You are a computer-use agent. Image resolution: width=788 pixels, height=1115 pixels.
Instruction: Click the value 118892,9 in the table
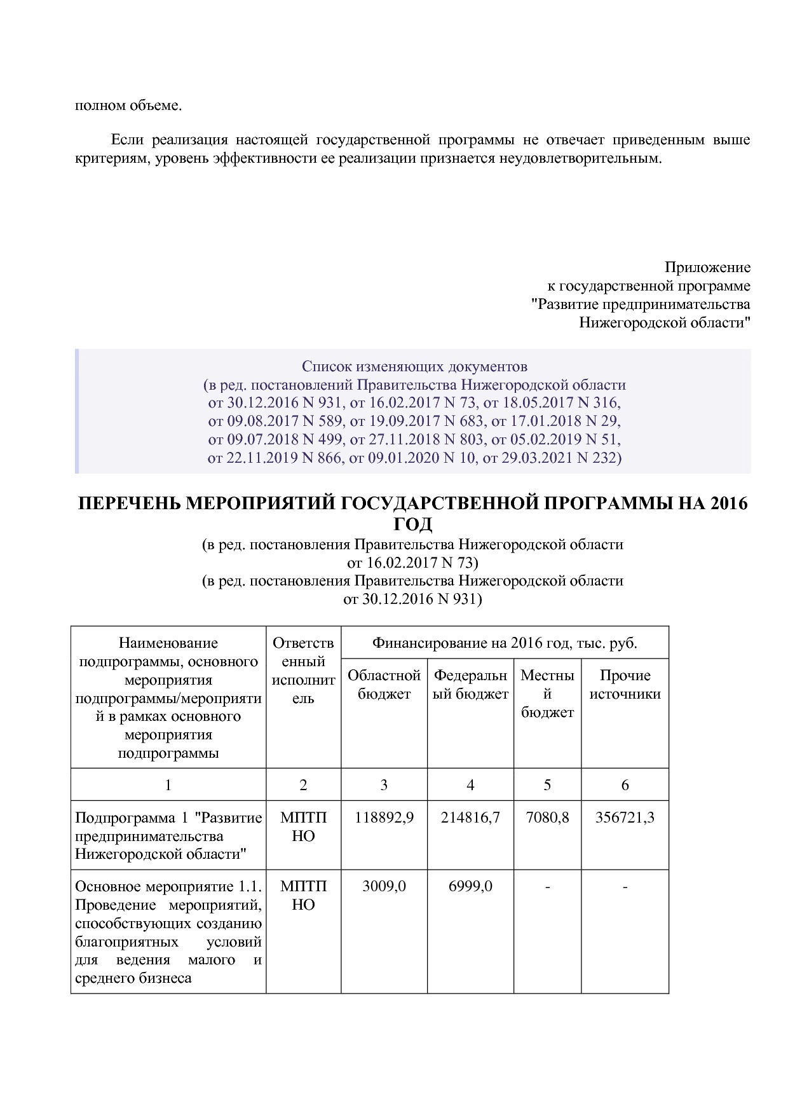pyautogui.click(x=384, y=817)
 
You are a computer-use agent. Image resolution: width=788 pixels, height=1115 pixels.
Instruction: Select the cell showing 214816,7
pyautogui.click(x=470, y=817)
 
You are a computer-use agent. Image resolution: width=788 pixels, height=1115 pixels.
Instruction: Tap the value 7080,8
pyautogui.click(x=547, y=817)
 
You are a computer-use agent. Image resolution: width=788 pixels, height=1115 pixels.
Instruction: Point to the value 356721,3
pyautogui.click(x=625, y=817)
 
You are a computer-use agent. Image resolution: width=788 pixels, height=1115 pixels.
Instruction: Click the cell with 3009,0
pyautogui.click(x=384, y=886)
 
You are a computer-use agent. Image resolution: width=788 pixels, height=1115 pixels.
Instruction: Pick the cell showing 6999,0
pyautogui.click(x=470, y=886)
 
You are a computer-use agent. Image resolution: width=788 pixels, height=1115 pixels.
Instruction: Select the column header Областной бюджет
pyautogui.click(x=384, y=685)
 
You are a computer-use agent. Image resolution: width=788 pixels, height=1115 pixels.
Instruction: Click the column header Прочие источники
pyautogui.click(x=625, y=685)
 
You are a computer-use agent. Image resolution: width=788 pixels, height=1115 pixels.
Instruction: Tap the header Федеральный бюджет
pyautogui.click(x=470, y=685)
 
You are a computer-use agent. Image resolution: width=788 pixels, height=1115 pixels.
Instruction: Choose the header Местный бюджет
pyautogui.click(x=547, y=694)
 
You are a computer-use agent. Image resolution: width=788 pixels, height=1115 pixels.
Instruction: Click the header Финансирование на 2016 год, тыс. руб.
pyautogui.click(x=505, y=643)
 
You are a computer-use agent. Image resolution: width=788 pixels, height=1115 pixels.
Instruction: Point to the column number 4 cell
pyautogui.click(x=470, y=785)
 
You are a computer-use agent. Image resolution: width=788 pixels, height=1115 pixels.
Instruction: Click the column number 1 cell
pyautogui.click(x=168, y=785)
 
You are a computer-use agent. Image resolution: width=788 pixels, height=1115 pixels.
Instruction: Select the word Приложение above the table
pyautogui.click(x=707, y=267)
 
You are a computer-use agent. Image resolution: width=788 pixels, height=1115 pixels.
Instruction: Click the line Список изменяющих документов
pyautogui.click(x=414, y=367)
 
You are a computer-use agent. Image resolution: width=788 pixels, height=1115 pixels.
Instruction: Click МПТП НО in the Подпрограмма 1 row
pyautogui.click(x=303, y=826)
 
